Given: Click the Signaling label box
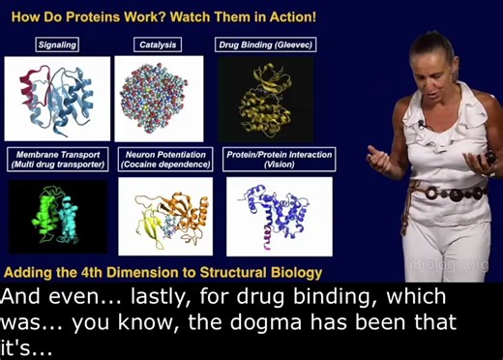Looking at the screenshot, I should (x=58, y=45).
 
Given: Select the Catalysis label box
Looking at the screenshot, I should (x=159, y=45).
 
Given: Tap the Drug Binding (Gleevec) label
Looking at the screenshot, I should (x=265, y=45).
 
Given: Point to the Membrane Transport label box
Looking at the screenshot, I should (x=58, y=159).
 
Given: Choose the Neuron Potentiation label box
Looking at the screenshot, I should (x=165, y=159).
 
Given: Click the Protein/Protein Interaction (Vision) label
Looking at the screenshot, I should (x=279, y=159).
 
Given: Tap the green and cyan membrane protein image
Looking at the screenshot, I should (x=58, y=216).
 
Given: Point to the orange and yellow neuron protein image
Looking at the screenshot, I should (x=165, y=216).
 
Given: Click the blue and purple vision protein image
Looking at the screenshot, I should (x=279, y=216).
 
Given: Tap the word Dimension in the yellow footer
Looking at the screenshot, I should (x=138, y=271).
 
